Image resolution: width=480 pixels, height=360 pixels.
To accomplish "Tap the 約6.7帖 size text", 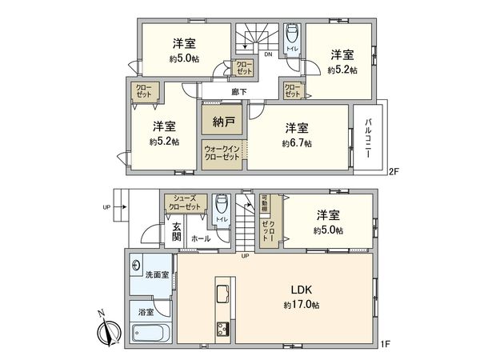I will (296, 143).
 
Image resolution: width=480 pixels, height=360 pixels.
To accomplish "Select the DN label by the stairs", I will (268, 55).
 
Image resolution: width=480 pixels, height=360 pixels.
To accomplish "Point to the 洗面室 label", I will (157, 275).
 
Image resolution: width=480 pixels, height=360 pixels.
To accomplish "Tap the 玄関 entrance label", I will (177, 232).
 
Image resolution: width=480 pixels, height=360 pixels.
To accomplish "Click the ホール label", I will (202, 238).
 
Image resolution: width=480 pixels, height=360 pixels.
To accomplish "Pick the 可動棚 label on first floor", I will (266, 201).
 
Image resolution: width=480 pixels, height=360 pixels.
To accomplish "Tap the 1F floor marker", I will (385, 345).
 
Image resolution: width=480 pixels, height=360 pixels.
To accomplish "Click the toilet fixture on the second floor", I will (293, 36).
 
